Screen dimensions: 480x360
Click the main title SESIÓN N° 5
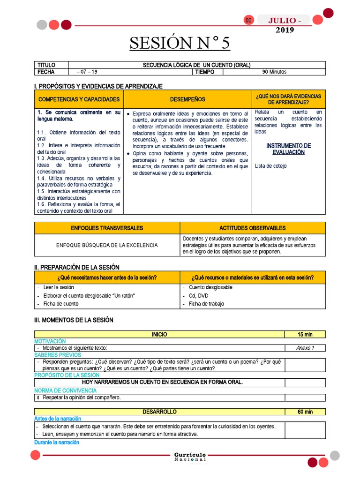pyautogui.click(x=180, y=44)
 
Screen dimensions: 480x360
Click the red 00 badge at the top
pyautogui.click(x=248, y=20)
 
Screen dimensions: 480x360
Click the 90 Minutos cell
pyautogui.click(x=274, y=72)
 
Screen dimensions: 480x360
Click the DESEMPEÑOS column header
pyautogui.click(x=187, y=99)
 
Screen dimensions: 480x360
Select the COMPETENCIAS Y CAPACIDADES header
pyautogui.click(x=79, y=99)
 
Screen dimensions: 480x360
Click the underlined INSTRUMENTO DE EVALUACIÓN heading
pyautogui.click(x=288, y=149)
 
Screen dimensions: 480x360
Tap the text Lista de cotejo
pyautogui.click(x=271, y=166)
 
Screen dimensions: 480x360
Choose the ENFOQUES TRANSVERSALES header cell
pyautogui.click(x=107, y=228)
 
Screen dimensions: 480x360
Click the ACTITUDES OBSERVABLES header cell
pyautogui.click(x=252, y=228)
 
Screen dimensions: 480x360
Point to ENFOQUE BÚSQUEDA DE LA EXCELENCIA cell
pyautogui.click(x=107, y=245)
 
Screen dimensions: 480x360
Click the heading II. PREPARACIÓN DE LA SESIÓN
pyautogui.click(x=77, y=267)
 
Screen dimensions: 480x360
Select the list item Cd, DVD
pyautogui.click(x=199, y=296)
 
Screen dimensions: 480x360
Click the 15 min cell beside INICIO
pyautogui.click(x=305, y=334)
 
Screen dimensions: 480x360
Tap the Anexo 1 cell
pyautogui.click(x=305, y=348)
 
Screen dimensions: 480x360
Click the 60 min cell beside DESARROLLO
pyautogui.click(x=305, y=412)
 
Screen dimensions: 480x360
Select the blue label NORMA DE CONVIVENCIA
pyautogui.click(x=66, y=390)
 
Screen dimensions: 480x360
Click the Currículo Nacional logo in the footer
pyautogui.click(x=190, y=457)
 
